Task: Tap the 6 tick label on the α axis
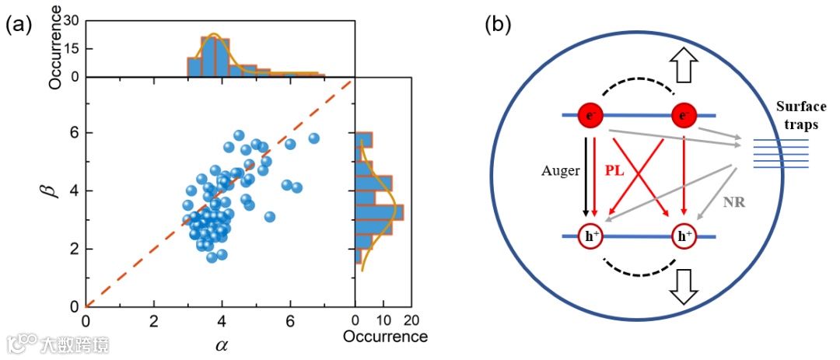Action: pyautogui.click(x=290, y=320)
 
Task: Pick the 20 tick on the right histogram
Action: pyautogui.click(x=412, y=320)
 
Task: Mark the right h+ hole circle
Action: pyautogui.click(x=684, y=236)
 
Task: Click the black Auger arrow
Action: pyautogui.click(x=583, y=176)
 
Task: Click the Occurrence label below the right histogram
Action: pyautogui.click(x=386, y=337)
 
